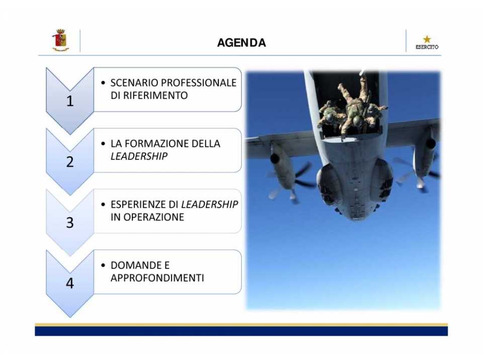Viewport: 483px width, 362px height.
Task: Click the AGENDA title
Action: pos(242,43)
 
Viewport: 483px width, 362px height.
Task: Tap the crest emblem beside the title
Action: pos(60,40)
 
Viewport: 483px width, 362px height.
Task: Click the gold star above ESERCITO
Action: pos(427,39)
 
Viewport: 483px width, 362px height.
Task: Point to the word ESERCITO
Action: pos(427,47)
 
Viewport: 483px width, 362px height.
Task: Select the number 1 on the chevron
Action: pos(70,101)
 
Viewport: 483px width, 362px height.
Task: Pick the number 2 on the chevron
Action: pos(70,162)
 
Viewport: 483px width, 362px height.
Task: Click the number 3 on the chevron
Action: pos(70,223)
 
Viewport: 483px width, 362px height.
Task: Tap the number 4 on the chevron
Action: pos(70,283)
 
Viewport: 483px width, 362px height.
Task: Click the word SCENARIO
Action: pos(134,83)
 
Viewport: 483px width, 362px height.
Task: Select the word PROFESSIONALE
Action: pos(199,83)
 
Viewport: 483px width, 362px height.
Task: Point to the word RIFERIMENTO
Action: pos(155,96)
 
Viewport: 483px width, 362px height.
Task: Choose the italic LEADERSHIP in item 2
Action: pos(139,156)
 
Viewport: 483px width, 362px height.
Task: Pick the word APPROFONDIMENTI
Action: pos(157,278)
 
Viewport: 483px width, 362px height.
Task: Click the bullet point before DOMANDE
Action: pos(103,265)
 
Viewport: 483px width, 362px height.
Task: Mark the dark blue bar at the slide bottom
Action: pos(241,331)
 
